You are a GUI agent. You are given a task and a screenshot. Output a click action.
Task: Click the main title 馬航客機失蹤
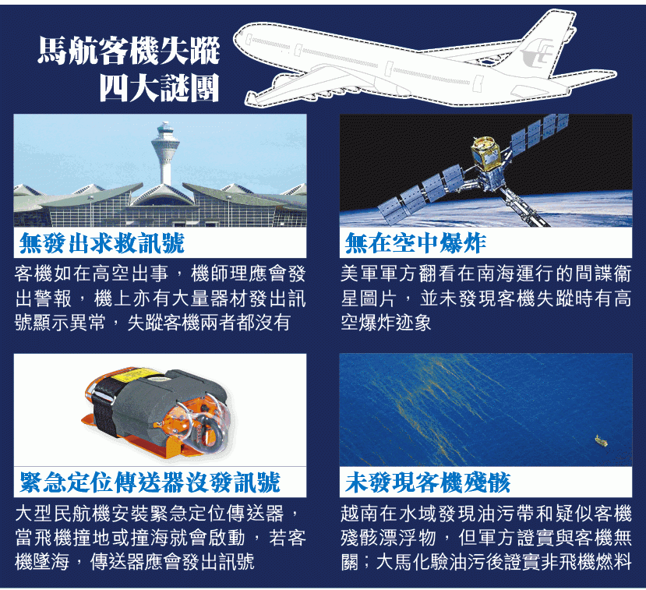(129, 51)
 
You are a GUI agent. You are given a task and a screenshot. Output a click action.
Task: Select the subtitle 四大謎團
(160, 87)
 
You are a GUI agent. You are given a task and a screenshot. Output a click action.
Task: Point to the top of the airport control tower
(165, 124)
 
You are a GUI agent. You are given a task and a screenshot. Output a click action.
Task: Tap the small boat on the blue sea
(602, 441)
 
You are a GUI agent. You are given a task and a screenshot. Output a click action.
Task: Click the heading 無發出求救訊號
(102, 243)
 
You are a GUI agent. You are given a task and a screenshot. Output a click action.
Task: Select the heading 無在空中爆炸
(415, 243)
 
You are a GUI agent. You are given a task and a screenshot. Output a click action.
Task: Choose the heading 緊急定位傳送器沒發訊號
(150, 482)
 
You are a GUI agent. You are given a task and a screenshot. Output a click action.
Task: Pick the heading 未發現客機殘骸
(428, 482)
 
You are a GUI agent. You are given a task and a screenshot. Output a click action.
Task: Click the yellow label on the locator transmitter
(131, 375)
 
